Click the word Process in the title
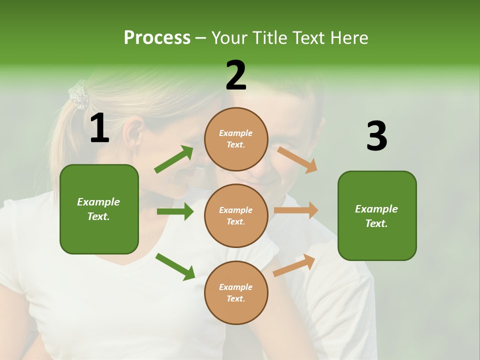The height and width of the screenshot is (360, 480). point(157,37)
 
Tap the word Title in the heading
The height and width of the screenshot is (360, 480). point(269,37)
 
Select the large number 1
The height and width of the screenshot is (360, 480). point(99,128)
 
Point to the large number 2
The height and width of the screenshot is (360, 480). point(236,75)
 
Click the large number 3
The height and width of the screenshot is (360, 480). point(376,136)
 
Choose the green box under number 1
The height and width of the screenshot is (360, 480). point(99,209)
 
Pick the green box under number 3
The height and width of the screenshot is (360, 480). point(377,215)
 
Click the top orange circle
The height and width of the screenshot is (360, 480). point(236,139)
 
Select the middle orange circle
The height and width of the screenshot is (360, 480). point(236,215)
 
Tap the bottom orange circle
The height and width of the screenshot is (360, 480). point(236,292)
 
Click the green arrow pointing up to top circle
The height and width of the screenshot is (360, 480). point(174,159)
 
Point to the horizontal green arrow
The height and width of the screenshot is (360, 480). point(175,211)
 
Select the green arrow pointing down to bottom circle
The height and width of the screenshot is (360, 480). point(175,266)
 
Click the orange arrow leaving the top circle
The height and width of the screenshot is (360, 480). point(297,159)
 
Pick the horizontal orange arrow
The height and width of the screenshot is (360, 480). point(295,210)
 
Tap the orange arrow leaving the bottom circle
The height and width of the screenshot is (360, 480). point(294,265)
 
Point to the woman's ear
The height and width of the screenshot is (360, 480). point(133,132)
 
